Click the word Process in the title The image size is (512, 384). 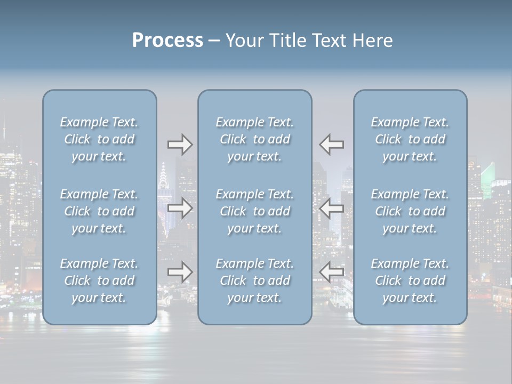tap(167, 41)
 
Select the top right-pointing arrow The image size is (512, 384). tap(180, 145)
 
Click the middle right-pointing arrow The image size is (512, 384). tap(180, 208)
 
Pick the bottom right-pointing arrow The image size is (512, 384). tap(180, 272)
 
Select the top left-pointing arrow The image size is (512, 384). tap(331, 145)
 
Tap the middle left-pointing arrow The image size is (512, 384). tap(331, 208)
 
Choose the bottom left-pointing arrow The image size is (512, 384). tap(331, 272)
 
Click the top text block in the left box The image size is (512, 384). tap(99, 139)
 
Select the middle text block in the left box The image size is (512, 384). tap(99, 211)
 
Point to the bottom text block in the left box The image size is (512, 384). tap(99, 281)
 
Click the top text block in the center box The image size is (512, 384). tap(254, 139)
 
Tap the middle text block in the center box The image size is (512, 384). tap(254, 211)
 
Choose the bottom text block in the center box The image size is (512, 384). tap(254, 281)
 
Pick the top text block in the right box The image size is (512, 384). tap(410, 139)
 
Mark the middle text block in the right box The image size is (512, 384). tap(410, 211)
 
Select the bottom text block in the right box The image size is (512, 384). tap(410, 281)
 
